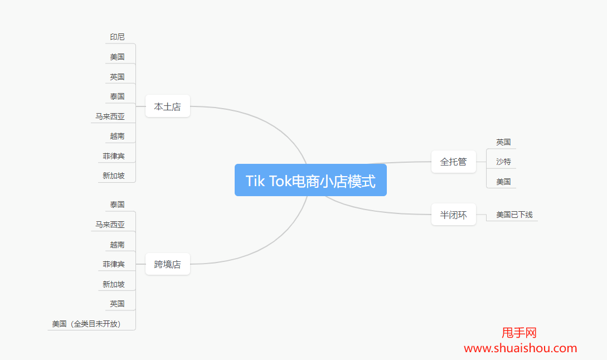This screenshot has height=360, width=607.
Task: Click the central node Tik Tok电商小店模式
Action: click(x=310, y=181)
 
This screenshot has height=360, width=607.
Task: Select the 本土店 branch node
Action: click(x=167, y=106)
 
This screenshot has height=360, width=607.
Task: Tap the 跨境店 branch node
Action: click(x=167, y=264)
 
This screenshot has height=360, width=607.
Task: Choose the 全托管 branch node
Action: click(x=453, y=162)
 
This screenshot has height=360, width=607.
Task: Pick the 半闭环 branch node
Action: click(x=453, y=215)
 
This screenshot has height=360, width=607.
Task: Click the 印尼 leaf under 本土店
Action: click(x=117, y=37)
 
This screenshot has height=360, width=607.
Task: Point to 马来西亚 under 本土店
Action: click(x=110, y=116)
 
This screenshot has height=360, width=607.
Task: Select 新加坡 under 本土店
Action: click(x=113, y=176)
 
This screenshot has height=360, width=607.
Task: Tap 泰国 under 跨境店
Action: click(x=117, y=205)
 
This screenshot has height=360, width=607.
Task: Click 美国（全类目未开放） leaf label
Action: click(x=87, y=324)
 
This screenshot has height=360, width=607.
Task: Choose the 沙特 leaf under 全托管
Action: click(x=503, y=162)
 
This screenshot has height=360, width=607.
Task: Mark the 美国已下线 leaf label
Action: click(x=514, y=215)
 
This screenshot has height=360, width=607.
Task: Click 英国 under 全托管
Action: click(x=503, y=142)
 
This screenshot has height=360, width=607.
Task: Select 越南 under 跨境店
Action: click(x=117, y=244)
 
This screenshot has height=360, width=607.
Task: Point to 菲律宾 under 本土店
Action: click(x=113, y=156)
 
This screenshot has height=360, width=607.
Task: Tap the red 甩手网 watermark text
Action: click(x=519, y=333)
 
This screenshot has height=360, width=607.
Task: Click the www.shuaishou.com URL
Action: click(x=520, y=348)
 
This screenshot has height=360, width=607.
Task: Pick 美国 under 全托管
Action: click(x=503, y=182)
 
